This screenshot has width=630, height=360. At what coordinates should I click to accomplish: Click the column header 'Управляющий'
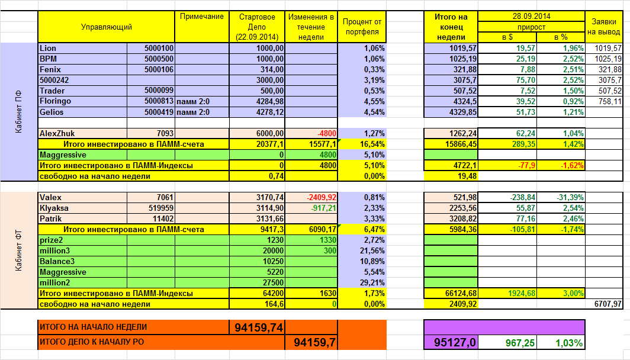107,27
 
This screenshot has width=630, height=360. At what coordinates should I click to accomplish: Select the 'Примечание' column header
202,17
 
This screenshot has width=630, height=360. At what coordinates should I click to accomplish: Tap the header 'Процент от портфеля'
362,27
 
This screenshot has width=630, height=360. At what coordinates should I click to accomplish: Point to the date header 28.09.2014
531,16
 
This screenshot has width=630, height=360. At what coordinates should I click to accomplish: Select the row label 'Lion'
47,48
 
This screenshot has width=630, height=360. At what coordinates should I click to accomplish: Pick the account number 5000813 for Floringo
159,101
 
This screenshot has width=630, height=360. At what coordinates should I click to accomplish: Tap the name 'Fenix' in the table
50,69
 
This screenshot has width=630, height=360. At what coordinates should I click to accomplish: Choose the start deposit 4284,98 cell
269,101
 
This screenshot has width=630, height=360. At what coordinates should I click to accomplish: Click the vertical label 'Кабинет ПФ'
18,111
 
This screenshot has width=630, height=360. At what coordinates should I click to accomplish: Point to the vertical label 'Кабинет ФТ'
18,251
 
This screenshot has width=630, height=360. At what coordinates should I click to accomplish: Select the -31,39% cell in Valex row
568,197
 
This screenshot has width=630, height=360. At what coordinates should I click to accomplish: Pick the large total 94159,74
259,327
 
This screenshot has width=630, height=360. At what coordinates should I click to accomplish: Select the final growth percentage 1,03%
569,342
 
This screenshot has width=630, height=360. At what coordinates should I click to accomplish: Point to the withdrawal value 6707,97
607,304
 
